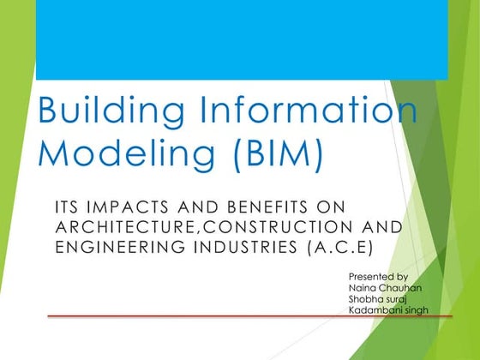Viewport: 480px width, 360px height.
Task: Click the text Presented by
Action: coord(378,277)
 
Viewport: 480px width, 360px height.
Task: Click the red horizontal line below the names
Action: coord(249,317)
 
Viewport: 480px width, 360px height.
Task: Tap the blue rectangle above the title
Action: coord(241,39)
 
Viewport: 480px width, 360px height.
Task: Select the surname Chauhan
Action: coord(400,288)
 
